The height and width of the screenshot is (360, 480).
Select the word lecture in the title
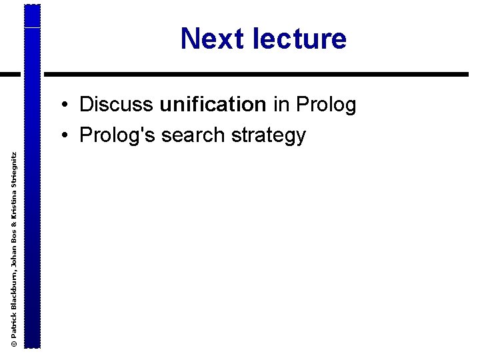coord(300,39)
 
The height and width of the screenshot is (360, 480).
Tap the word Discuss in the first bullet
coord(117,105)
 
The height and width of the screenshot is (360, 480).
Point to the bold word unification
coord(213,105)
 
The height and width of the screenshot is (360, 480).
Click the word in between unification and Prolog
coord(281,105)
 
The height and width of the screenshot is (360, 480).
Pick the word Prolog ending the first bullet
coord(326,105)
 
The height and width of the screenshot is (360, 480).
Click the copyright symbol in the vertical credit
coord(13,342)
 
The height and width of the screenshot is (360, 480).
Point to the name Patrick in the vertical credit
coord(13,325)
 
